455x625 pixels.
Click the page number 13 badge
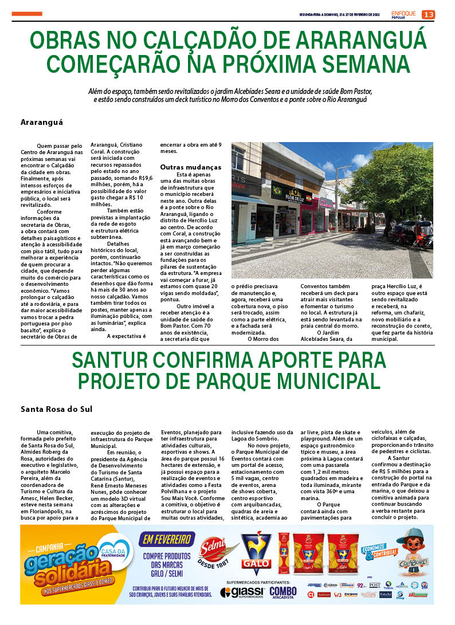tap(429, 14)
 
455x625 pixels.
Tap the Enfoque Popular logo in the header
tap(403, 14)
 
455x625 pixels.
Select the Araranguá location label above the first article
tap(42, 122)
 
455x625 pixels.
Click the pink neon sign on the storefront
tap(325, 203)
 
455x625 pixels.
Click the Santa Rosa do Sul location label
tap(56, 409)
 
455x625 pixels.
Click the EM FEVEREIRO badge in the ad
tap(167, 539)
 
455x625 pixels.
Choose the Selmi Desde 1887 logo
tap(218, 553)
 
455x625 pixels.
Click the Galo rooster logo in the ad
tap(256, 552)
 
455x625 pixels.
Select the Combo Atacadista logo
tap(283, 592)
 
